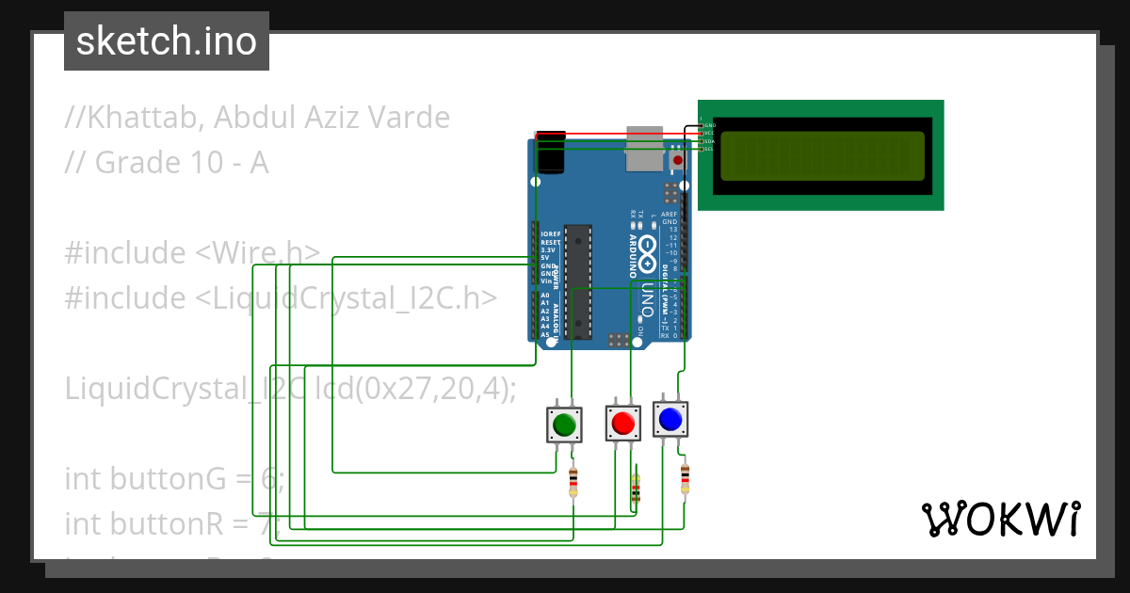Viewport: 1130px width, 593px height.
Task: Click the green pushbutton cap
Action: pos(564,425)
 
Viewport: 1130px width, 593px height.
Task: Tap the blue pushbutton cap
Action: pos(670,419)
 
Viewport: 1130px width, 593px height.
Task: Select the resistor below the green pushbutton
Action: pos(573,483)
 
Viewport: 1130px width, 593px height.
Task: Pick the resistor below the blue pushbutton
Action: pos(685,478)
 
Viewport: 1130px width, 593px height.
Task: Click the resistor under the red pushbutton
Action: pos(636,489)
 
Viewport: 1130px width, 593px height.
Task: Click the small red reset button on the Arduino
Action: pos(676,161)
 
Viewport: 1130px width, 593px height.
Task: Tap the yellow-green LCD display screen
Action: pos(820,156)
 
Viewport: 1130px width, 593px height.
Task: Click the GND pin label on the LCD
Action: pos(710,125)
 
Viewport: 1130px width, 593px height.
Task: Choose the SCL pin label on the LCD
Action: pos(709,149)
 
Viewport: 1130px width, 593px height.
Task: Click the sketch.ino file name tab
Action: pos(167,41)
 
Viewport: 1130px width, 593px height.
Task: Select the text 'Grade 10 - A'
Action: pos(181,163)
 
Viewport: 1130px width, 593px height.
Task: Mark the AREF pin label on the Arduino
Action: pos(670,214)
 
